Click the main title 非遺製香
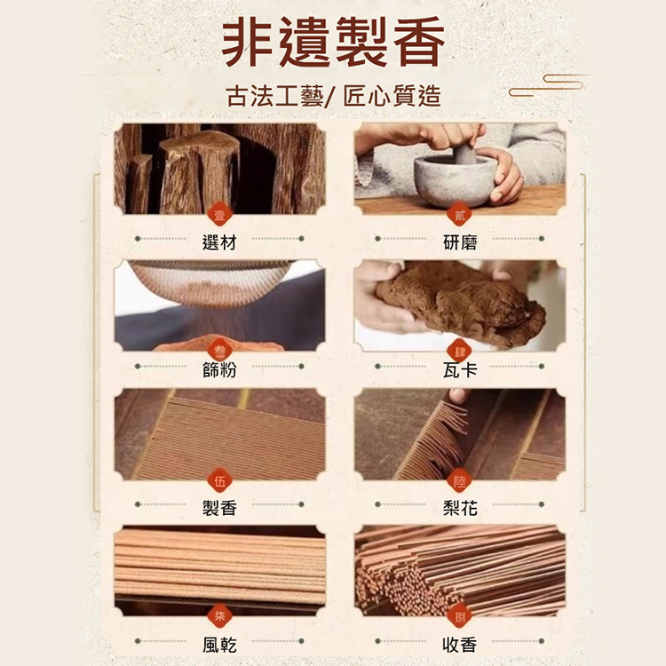[333, 41]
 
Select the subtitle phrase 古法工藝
[274, 96]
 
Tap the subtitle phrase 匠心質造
[392, 96]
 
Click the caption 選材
[219, 242]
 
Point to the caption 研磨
[460, 242]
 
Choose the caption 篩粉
[219, 369]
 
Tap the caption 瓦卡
[460, 369]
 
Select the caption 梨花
[460, 508]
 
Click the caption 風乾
[219, 645]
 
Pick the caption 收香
[460, 645]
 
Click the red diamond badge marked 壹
[219, 216]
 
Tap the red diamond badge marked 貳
[460, 216]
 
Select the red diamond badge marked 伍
[219, 480]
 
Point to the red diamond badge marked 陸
[460, 480]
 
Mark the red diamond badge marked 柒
[219, 615]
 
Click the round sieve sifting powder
[209, 281]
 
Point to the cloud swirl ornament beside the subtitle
[546, 85]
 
